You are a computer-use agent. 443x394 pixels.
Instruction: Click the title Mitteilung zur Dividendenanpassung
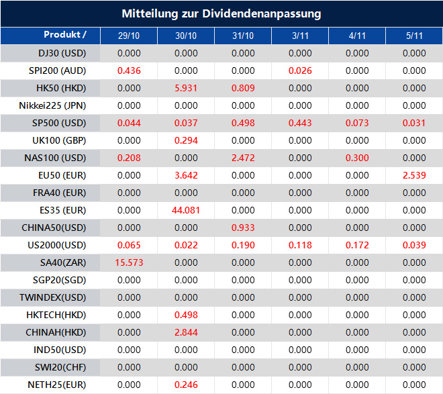222,13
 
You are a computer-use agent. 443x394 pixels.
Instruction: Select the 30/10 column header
186,36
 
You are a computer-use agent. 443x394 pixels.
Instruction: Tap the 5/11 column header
414,36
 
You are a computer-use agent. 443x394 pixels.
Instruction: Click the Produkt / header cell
65,35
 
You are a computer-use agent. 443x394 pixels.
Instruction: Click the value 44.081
186,210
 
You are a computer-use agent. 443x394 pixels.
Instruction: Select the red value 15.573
129,262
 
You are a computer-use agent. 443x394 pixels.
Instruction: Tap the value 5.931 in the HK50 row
186,88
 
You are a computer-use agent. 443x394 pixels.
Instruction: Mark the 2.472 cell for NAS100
243,158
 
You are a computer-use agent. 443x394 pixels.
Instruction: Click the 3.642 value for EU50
186,175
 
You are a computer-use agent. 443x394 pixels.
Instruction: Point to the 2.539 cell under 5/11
414,175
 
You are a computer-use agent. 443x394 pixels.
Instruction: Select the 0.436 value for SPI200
129,70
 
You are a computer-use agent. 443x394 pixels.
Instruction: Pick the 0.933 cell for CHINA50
243,228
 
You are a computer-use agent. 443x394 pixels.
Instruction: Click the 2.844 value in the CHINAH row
186,332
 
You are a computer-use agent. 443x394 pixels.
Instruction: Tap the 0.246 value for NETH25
186,385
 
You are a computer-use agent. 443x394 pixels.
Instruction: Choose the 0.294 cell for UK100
186,140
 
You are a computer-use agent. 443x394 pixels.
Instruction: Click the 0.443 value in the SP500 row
300,123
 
